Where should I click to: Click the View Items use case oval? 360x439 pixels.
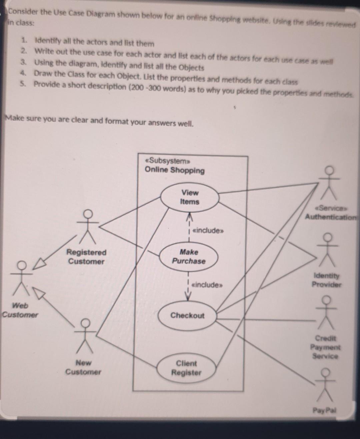[190, 197]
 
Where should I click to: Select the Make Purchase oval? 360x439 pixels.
[189, 257]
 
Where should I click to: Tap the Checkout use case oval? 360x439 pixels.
[187, 316]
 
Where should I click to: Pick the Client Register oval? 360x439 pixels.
[186, 368]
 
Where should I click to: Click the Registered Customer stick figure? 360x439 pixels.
[88, 227]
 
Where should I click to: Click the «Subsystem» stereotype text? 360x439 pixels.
[168, 161]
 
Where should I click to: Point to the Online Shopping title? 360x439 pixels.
[175, 170]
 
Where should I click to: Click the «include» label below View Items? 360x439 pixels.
[208, 231]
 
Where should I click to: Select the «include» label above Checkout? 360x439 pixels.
[207, 285]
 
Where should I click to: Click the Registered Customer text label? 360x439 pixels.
[86, 257]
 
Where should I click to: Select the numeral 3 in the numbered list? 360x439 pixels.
[23, 62]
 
